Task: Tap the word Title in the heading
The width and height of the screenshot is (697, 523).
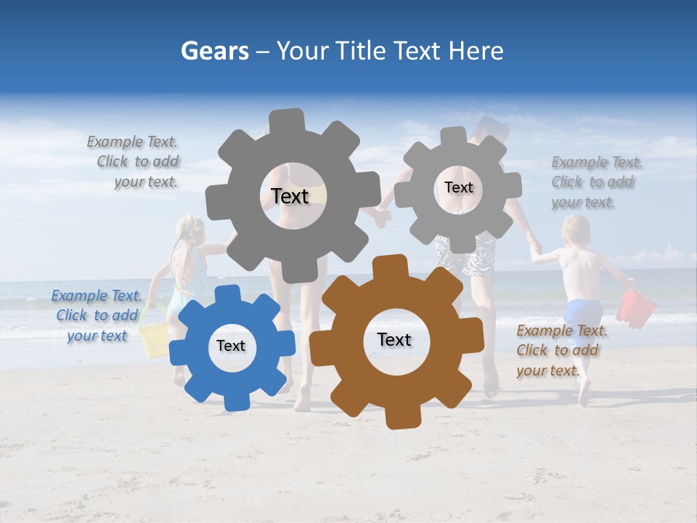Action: [360, 51]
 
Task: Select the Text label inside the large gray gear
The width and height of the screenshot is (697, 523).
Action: [290, 196]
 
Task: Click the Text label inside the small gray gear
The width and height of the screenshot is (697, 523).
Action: [458, 187]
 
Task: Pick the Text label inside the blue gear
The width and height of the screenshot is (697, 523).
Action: [231, 346]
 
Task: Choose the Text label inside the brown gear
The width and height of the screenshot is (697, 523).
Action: [394, 339]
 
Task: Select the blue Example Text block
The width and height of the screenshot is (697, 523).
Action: [97, 315]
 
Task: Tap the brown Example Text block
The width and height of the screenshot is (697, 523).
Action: [561, 350]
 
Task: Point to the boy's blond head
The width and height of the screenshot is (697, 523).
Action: [576, 230]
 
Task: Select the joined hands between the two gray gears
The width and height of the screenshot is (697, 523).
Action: [383, 216]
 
